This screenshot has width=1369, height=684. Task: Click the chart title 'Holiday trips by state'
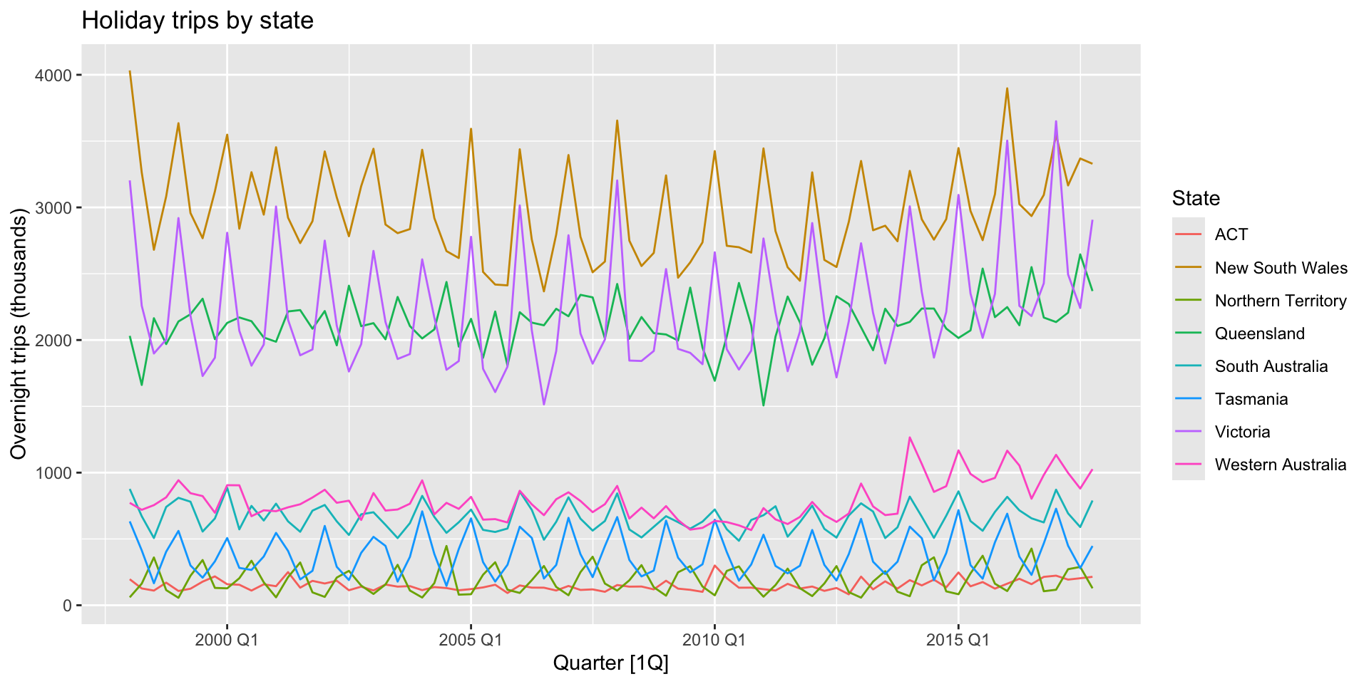coord(198,21)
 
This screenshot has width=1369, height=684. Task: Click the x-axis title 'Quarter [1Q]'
coord(611,663)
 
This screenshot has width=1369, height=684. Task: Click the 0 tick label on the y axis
coord(68,606)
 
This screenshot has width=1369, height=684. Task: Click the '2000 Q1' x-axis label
coord(227,640)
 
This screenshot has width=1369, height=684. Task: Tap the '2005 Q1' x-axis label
coord(471,640)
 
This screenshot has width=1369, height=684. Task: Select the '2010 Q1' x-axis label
coord(714,640)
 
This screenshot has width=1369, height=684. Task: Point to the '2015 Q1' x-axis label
coord(958,640)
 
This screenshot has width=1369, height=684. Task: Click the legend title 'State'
coord(1196,198)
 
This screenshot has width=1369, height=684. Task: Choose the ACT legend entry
coord(1231,234)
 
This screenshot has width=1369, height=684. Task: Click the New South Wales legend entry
coord(1281,268)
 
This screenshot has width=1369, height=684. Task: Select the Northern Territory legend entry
coord(1281,301)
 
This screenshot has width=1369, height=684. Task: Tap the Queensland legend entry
coord(1259,333)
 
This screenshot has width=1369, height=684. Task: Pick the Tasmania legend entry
coord(1251,399)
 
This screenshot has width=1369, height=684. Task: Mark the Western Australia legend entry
coord(1281,465)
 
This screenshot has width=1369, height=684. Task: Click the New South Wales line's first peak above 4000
coord(130,72)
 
